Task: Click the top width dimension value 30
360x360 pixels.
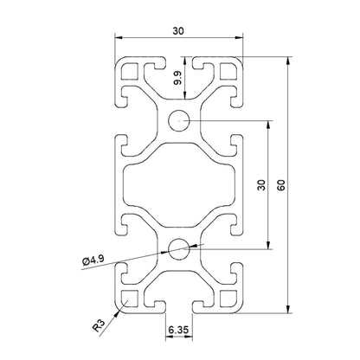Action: point(178,30)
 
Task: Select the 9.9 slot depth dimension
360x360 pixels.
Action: point(177,80)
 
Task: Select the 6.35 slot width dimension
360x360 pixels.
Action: point(179,330)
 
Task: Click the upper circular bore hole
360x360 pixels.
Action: point(179,120)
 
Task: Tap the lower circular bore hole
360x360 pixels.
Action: point(179,248)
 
